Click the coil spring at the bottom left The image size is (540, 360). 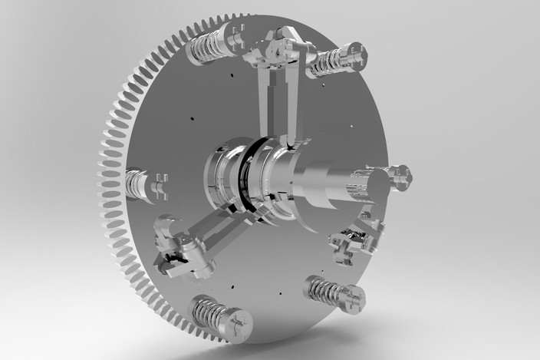click(x=208, y=312)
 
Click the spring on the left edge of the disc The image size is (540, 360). click(x=137, y=184)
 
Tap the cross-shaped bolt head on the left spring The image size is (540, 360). click(x=160, y=187)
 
